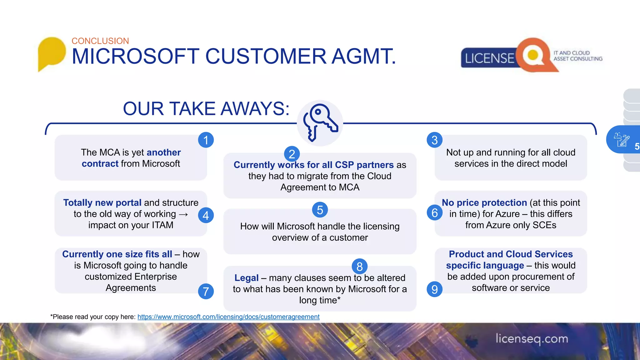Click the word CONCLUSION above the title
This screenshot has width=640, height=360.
point(100,41)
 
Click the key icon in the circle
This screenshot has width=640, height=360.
point(320,122)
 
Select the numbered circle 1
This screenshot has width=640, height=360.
point(206,140)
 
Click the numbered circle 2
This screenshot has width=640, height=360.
point(292,154)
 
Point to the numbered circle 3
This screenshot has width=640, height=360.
point(434,140)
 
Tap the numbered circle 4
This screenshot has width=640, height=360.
point(206,215)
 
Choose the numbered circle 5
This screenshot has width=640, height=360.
point(320,210)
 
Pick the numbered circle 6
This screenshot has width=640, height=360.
point(434,213)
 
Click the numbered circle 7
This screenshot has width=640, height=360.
point(206,291)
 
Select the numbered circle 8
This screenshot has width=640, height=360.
point(359,267)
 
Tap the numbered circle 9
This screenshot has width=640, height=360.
point(434,289)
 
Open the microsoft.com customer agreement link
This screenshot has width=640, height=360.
point(228,317)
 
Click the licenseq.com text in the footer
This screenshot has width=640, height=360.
point(532,339)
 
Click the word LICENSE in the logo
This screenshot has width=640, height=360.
point(489,58)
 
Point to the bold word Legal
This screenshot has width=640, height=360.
point(246,278)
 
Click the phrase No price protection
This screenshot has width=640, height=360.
point(484,203)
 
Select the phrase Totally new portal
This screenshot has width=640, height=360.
point(102,203)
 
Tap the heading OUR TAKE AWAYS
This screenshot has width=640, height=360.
point(206,109)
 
